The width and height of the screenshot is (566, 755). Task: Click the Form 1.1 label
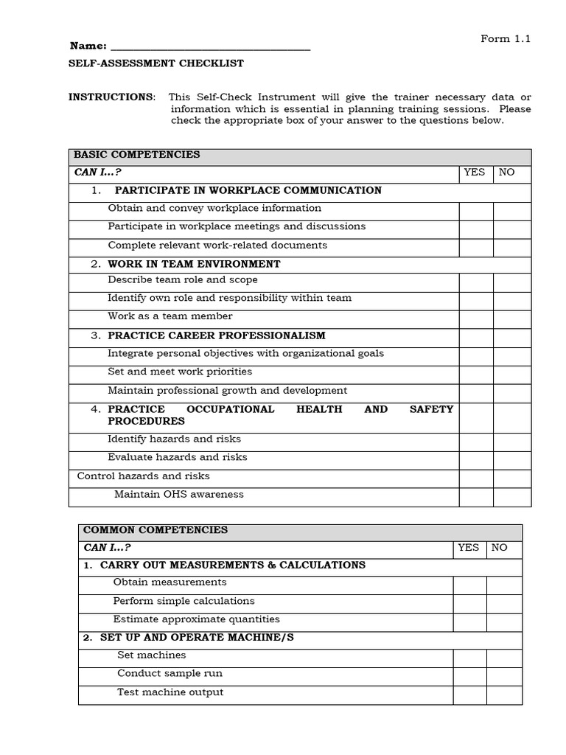click(x=506, y=39)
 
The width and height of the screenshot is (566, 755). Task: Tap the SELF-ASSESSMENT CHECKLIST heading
click(x=156, y=63)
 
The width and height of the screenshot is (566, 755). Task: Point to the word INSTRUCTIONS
click(x=111, y=97)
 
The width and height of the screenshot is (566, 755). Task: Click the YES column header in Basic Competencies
click(x=475, y=173)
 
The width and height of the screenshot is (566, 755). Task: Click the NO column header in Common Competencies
click(x=500, y=548)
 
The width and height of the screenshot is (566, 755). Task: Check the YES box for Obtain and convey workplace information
click(x=475, y=210)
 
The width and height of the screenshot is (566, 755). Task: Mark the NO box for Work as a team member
click(x=511, y=319)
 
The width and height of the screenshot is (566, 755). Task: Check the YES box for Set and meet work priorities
click(x=475, y=374)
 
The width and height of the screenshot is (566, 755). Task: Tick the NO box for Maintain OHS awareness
click(x=511, y=496)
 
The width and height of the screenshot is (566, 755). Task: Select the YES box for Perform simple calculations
click(x=469, y=603)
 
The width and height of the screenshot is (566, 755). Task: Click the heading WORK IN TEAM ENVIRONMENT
click(x=194, y=264)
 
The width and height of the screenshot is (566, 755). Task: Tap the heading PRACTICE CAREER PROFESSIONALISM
click(x=216, y=335)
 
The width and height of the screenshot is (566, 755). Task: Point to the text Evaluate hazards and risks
click(x=178, y=457)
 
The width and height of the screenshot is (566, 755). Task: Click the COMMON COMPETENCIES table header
click(x=156, y=530)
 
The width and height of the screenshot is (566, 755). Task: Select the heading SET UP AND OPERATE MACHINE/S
click(x=197, y=638)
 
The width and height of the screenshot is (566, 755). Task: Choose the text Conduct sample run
click(x=170, y=674)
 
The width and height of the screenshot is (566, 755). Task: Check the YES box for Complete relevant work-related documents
click(x=475, y=247)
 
